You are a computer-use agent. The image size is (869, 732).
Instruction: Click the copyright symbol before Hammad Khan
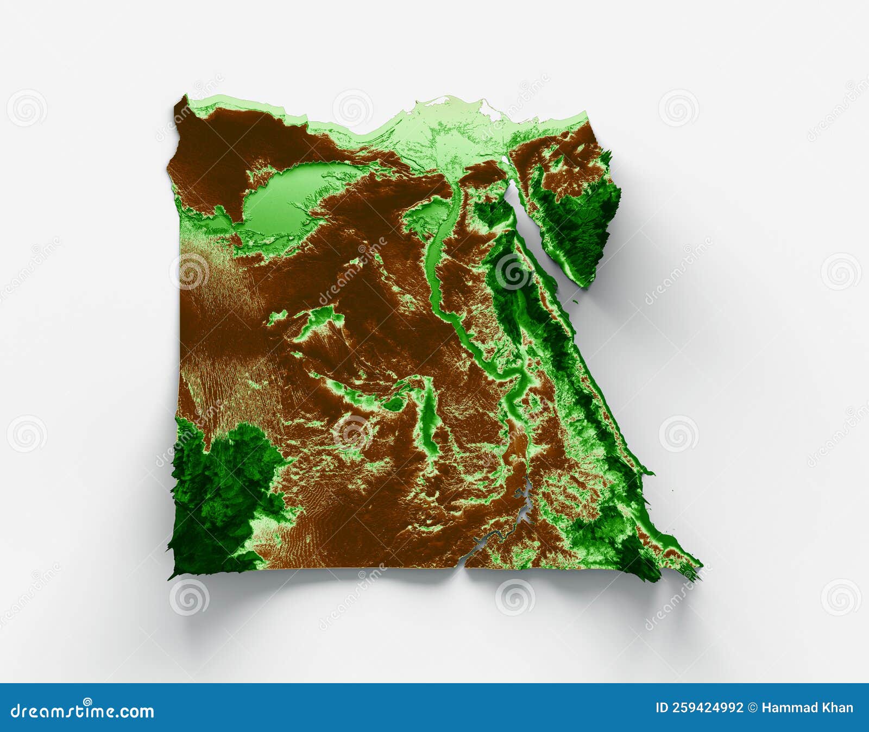pyautogui.click(x=753, y=708)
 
